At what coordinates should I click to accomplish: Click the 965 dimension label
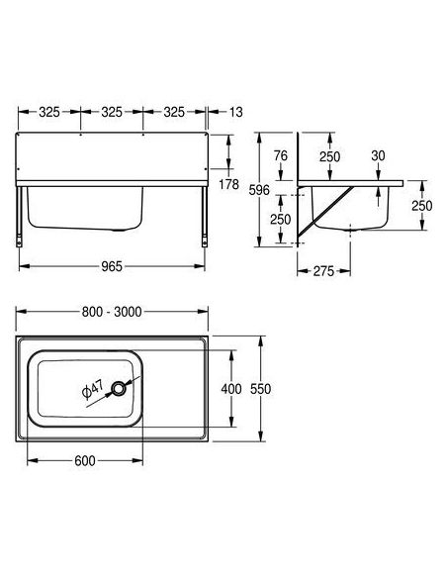(x=112, y=266)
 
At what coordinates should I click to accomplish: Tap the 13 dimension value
(x=236, y=112)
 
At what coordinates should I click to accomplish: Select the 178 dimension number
(x=229, y=184)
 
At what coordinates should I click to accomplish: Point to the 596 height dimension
(x=259, y=190)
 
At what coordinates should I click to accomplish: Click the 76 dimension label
(x=281, y=156)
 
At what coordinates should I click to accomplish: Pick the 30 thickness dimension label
(x=378, y=156)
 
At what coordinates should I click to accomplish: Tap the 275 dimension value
(x=323, y=271)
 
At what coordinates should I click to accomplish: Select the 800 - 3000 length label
(x=112, y=312)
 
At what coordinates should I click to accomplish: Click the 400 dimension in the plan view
(x=231, y=389)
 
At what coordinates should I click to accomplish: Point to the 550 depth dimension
(x=260, y=389)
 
